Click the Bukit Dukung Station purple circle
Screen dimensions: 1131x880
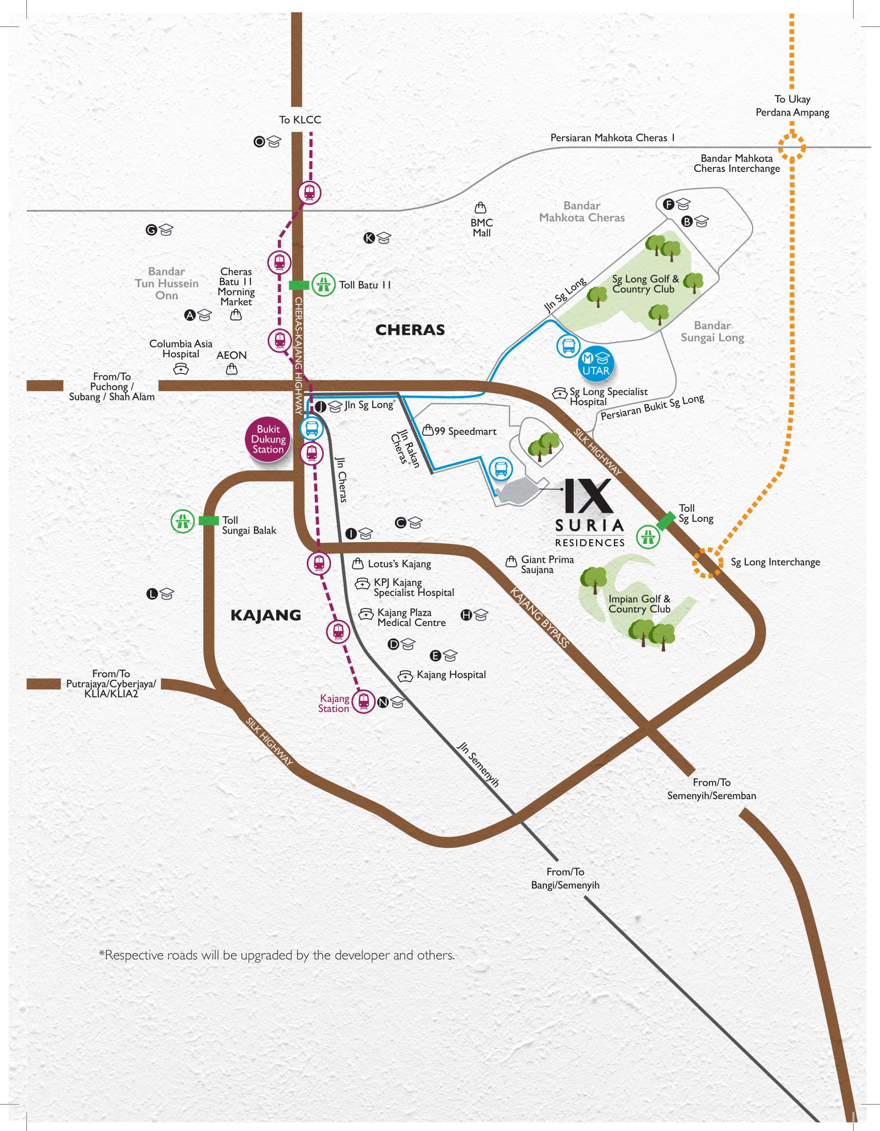[x=268, y=439]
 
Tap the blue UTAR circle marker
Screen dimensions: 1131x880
[x=596, y=364]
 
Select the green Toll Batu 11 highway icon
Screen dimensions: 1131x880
[x=323, y=285]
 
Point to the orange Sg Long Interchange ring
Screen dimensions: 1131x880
[x=708, y=562]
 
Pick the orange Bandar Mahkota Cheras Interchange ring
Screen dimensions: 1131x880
[x=792, y=147]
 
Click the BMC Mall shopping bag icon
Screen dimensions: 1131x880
[x=480, y=208]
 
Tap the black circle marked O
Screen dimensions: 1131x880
[x=259, y=141]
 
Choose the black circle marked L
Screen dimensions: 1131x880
[x=152, y=594]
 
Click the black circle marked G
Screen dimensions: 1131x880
[x=151, y=230]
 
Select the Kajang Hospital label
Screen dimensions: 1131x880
[x=451, y=675]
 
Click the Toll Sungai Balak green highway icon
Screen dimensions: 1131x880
[x=182, y=521]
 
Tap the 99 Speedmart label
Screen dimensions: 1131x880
[x=465, y=431]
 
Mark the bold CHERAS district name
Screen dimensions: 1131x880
[x=410, y=330]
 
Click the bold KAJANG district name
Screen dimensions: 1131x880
[x=266, y=615]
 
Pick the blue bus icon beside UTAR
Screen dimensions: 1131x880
[x=568, y=345]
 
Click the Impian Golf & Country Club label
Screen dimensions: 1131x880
[x=639, y=604]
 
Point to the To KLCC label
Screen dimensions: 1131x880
[x=300, y=120]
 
